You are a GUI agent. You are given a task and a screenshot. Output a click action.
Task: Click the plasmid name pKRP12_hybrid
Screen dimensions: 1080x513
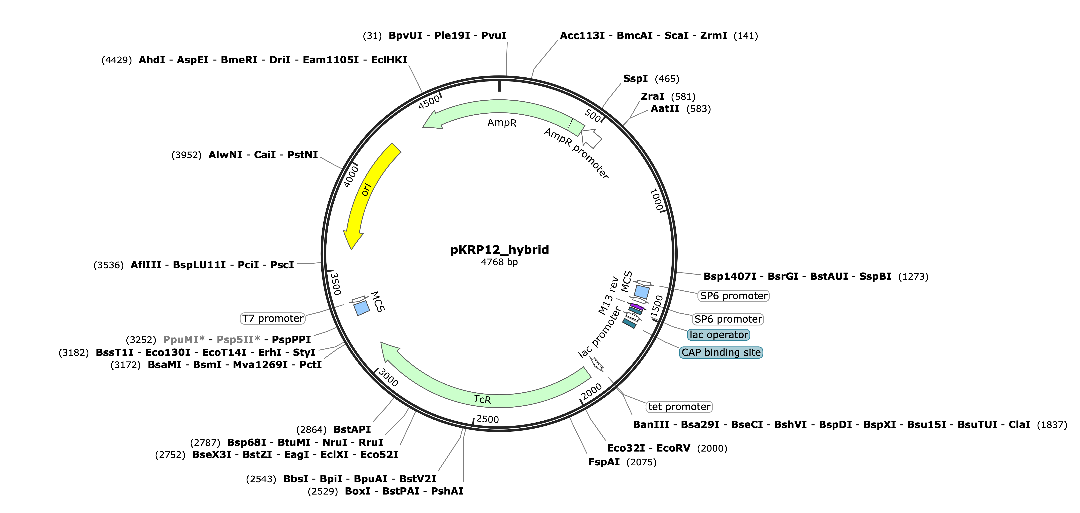(499, 250)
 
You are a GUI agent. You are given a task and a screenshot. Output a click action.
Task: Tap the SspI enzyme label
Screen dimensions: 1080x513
(635, 79)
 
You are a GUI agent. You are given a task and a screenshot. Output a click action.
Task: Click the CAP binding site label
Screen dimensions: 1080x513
(721, 353)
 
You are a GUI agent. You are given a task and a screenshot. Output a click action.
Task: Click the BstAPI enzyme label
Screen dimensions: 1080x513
(352, 430)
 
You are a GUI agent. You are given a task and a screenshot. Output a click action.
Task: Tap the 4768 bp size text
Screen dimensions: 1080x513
(499, 262)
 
